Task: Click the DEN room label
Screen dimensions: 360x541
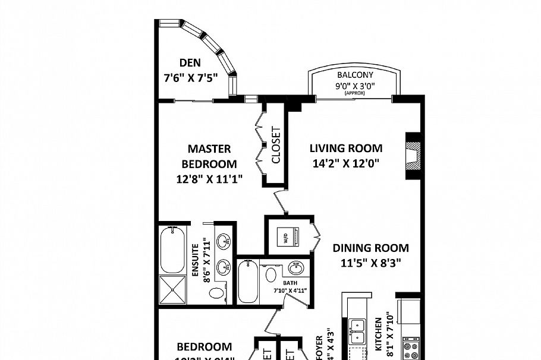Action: pyautogui.click(x=190, y=62)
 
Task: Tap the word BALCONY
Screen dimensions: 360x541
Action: pyautogui.click(x=355, y=75)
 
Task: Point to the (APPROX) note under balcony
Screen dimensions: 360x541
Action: pyautogui.click(x=354, y=93)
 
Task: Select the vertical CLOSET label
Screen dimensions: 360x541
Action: pyautogui.click(x=275, y=146)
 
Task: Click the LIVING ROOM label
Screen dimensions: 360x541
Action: pyautogui.click(x=346, y=149)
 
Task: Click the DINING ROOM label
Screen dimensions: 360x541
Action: pyautogui.click(x=370, y=248)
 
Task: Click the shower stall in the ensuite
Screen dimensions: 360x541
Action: pyautogui.click(x=174, y=289)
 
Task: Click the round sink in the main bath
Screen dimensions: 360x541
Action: pyautogui.click(x=295, y=267)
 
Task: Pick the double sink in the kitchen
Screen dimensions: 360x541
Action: pyautogui.click(x=358, y=331)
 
